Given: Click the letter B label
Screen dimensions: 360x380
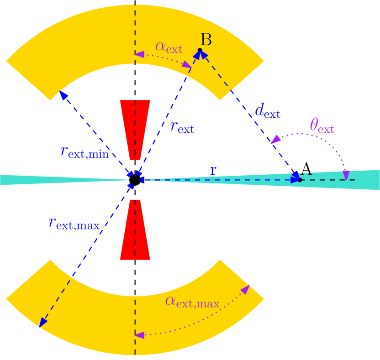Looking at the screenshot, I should pos(206,40).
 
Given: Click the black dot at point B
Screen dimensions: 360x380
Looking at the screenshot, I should pos(200,50).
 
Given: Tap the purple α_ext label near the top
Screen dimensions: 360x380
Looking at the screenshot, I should pos(169,47).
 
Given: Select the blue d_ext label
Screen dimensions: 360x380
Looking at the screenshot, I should pos(267,111).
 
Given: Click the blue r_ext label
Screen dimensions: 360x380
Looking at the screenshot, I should pos(182,126).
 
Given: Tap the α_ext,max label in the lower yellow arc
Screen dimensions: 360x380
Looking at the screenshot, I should pos(192,301).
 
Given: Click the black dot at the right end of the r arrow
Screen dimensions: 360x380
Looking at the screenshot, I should pos(300,180).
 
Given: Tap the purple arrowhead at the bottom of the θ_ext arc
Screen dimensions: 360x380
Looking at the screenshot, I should pos(346,175).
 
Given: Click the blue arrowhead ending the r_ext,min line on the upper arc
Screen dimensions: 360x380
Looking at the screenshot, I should pos(63,95).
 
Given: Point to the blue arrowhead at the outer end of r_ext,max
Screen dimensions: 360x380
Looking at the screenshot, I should pos(42,323).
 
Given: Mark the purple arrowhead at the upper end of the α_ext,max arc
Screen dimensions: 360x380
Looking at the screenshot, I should pos(246,289).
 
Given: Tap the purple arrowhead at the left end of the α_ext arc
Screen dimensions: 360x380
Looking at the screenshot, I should pos(139,54).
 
